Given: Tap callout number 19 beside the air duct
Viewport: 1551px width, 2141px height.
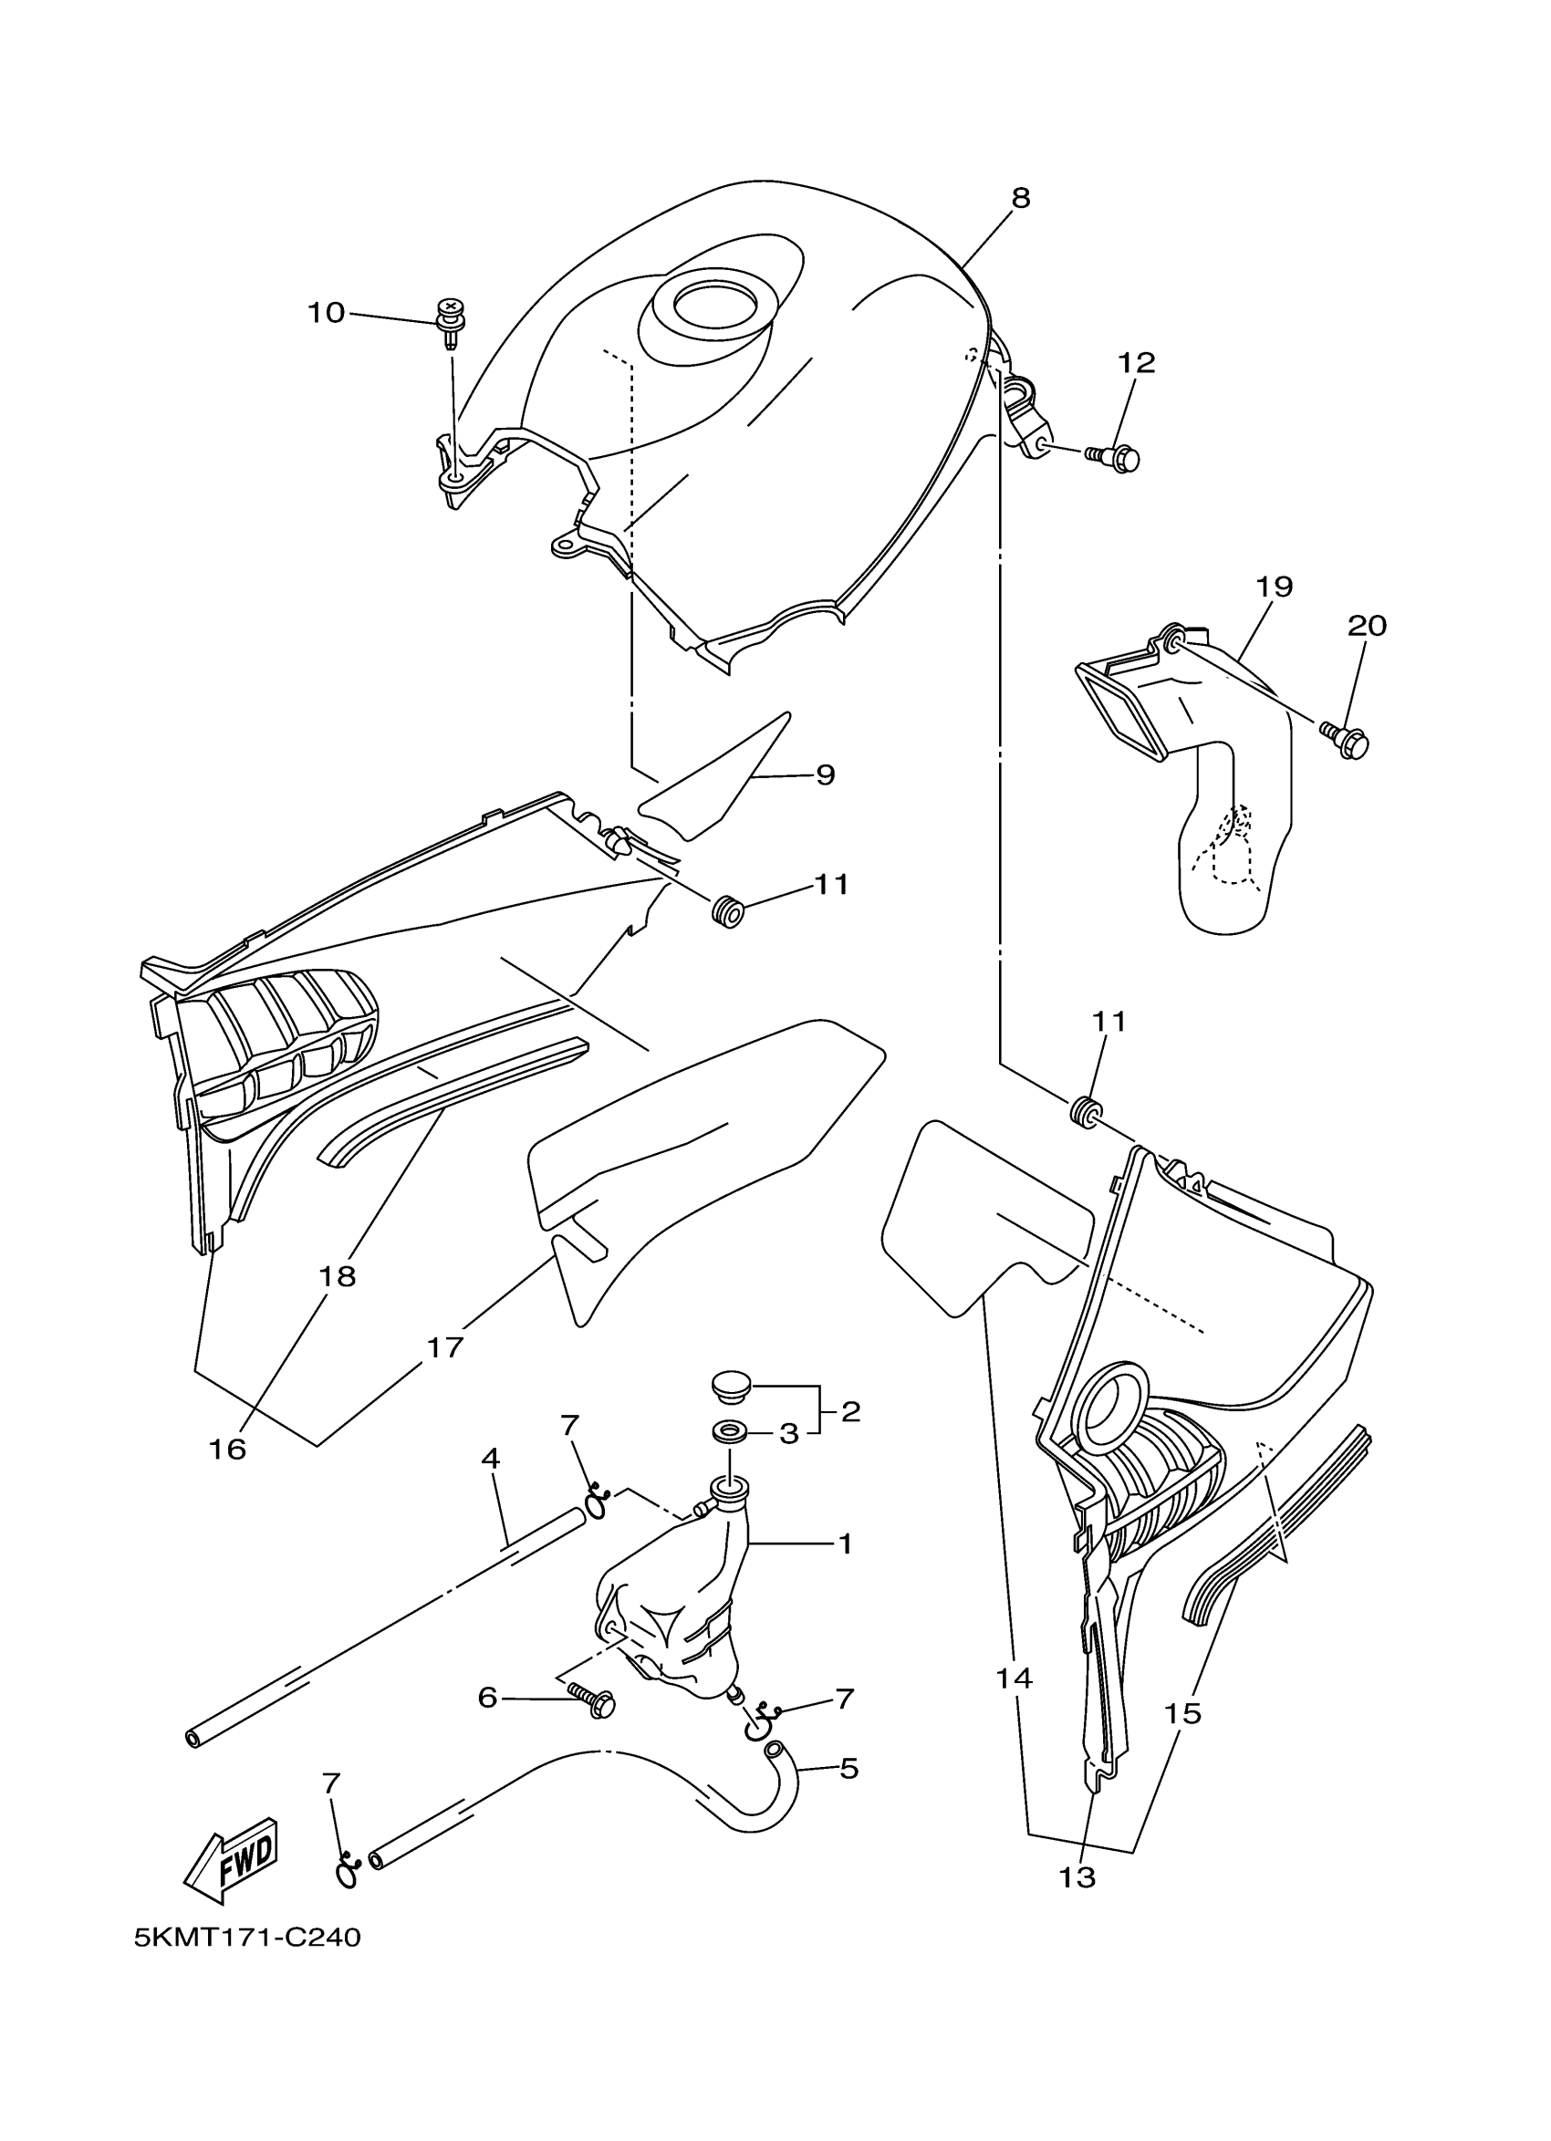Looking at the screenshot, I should [x=1274, y=587].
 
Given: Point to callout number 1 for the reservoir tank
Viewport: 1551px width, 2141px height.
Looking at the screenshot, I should [x=845, y=1544].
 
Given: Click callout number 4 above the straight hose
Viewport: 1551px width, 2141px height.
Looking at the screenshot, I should [x=490, y=1459].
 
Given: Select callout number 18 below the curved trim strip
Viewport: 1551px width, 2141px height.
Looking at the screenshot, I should [x=338, y=1276].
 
